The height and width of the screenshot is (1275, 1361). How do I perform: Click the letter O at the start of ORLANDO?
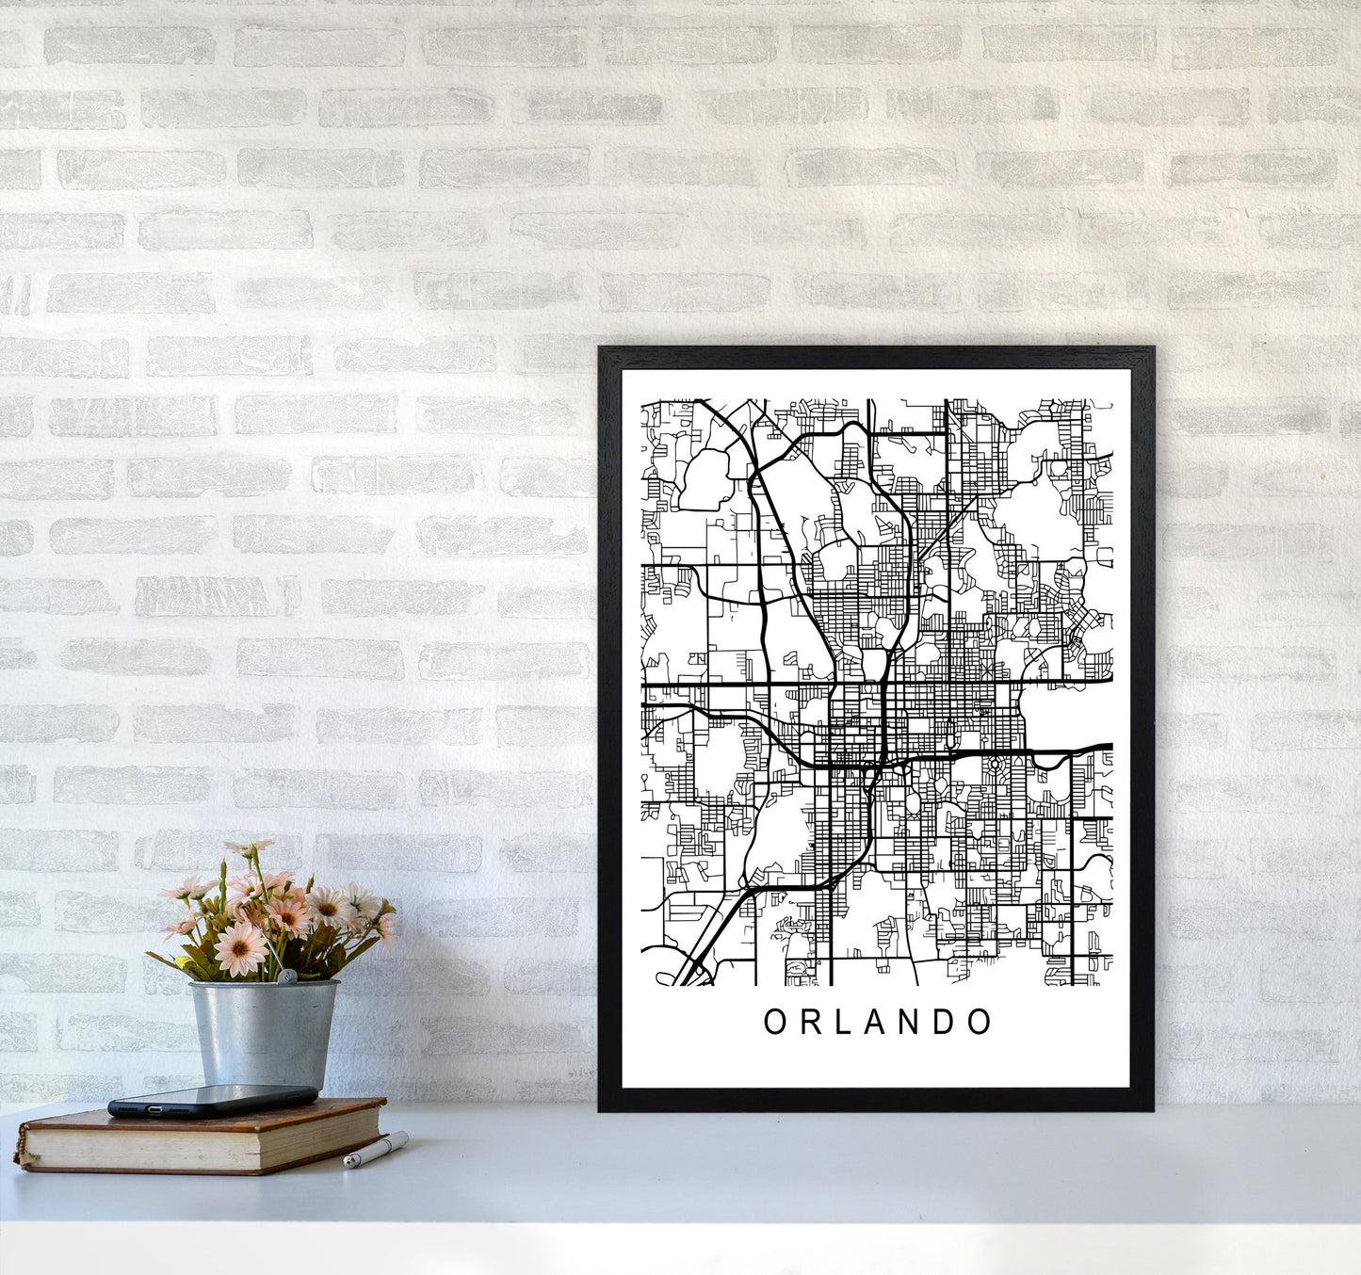coord(774,1022)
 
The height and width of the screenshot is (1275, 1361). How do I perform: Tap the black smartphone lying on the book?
coord(212,1100)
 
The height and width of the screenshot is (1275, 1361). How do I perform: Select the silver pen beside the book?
coord(375,1151)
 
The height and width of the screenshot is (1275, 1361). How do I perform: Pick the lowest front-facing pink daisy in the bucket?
coord(240,949)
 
